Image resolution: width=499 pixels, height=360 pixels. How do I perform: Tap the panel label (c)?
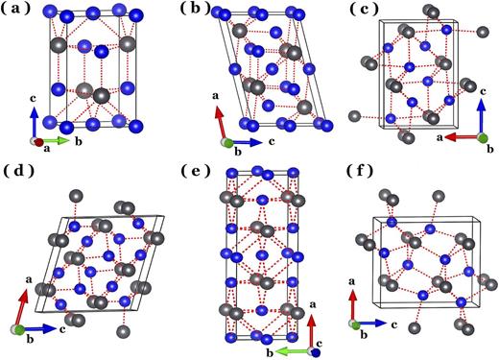(x=355, y=12)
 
